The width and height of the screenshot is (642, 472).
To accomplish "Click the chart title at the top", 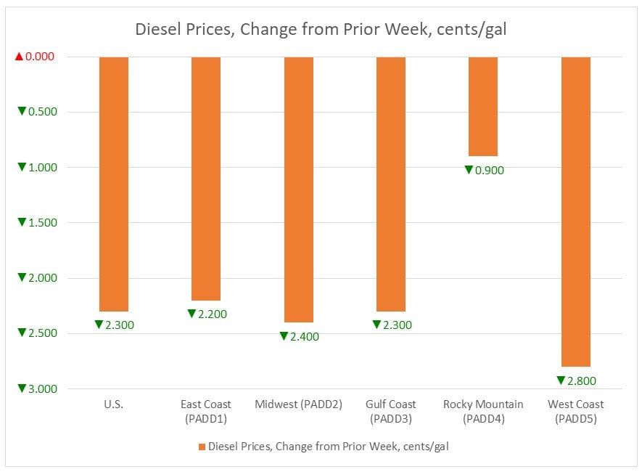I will point(321,30).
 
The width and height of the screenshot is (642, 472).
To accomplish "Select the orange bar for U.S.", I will point(114,184).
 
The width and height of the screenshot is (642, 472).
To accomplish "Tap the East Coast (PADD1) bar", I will point(206,178).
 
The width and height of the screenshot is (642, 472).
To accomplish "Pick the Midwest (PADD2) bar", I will point(298,189).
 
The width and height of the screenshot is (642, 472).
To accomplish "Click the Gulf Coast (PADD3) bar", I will point(391,184).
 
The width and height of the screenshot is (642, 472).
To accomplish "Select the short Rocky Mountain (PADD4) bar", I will point(483,106).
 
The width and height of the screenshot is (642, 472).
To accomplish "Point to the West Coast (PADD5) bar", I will point(576,211).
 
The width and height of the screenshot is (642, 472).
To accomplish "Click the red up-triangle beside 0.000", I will point(20,57).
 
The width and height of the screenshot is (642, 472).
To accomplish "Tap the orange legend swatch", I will point(202,447).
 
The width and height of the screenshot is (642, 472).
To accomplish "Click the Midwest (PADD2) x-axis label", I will point(298,404).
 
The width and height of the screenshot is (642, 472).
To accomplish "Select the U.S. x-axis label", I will point(113,404).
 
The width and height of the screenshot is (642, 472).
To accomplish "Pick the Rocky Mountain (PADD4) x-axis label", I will point(483,411).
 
